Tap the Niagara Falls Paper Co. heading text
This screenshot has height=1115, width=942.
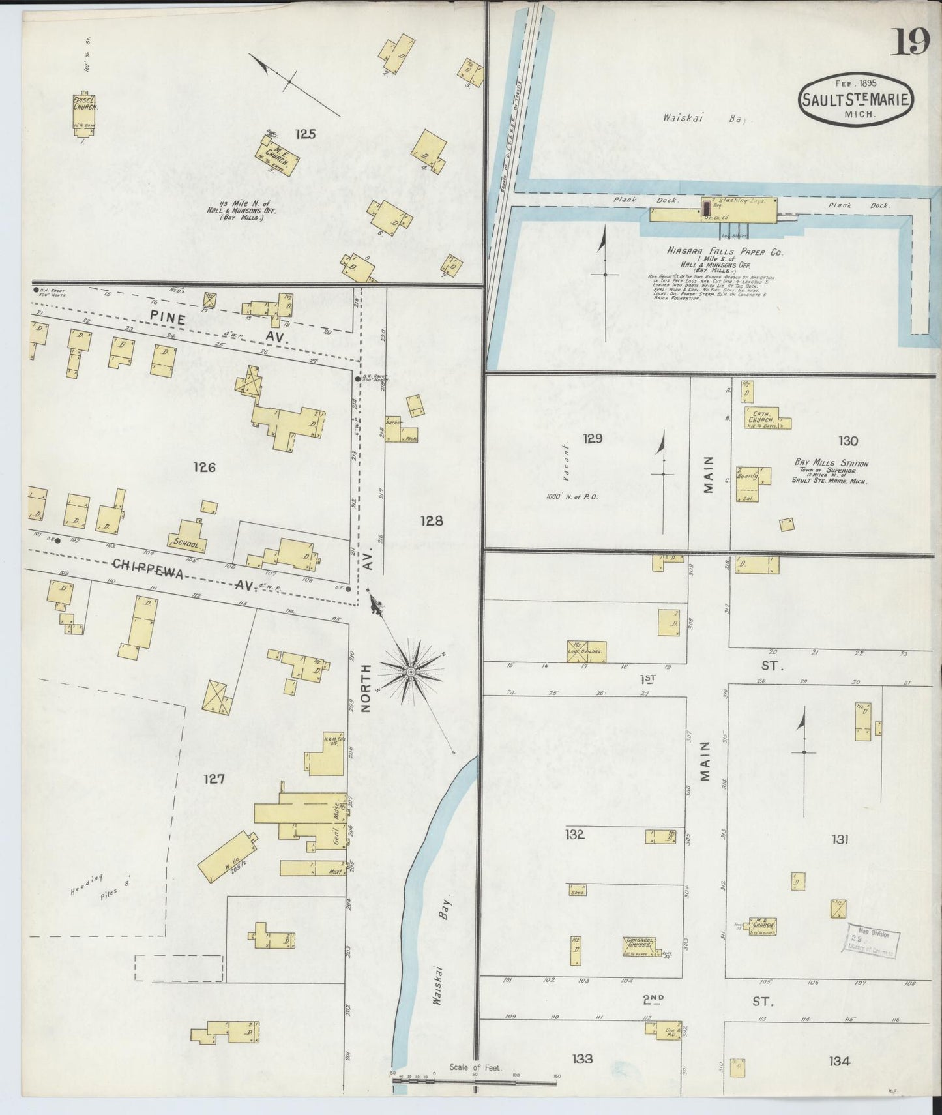click(725, 251)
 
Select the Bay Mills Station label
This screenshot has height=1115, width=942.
click(831, 462)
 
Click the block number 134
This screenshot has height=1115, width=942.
click(839, 1061)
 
